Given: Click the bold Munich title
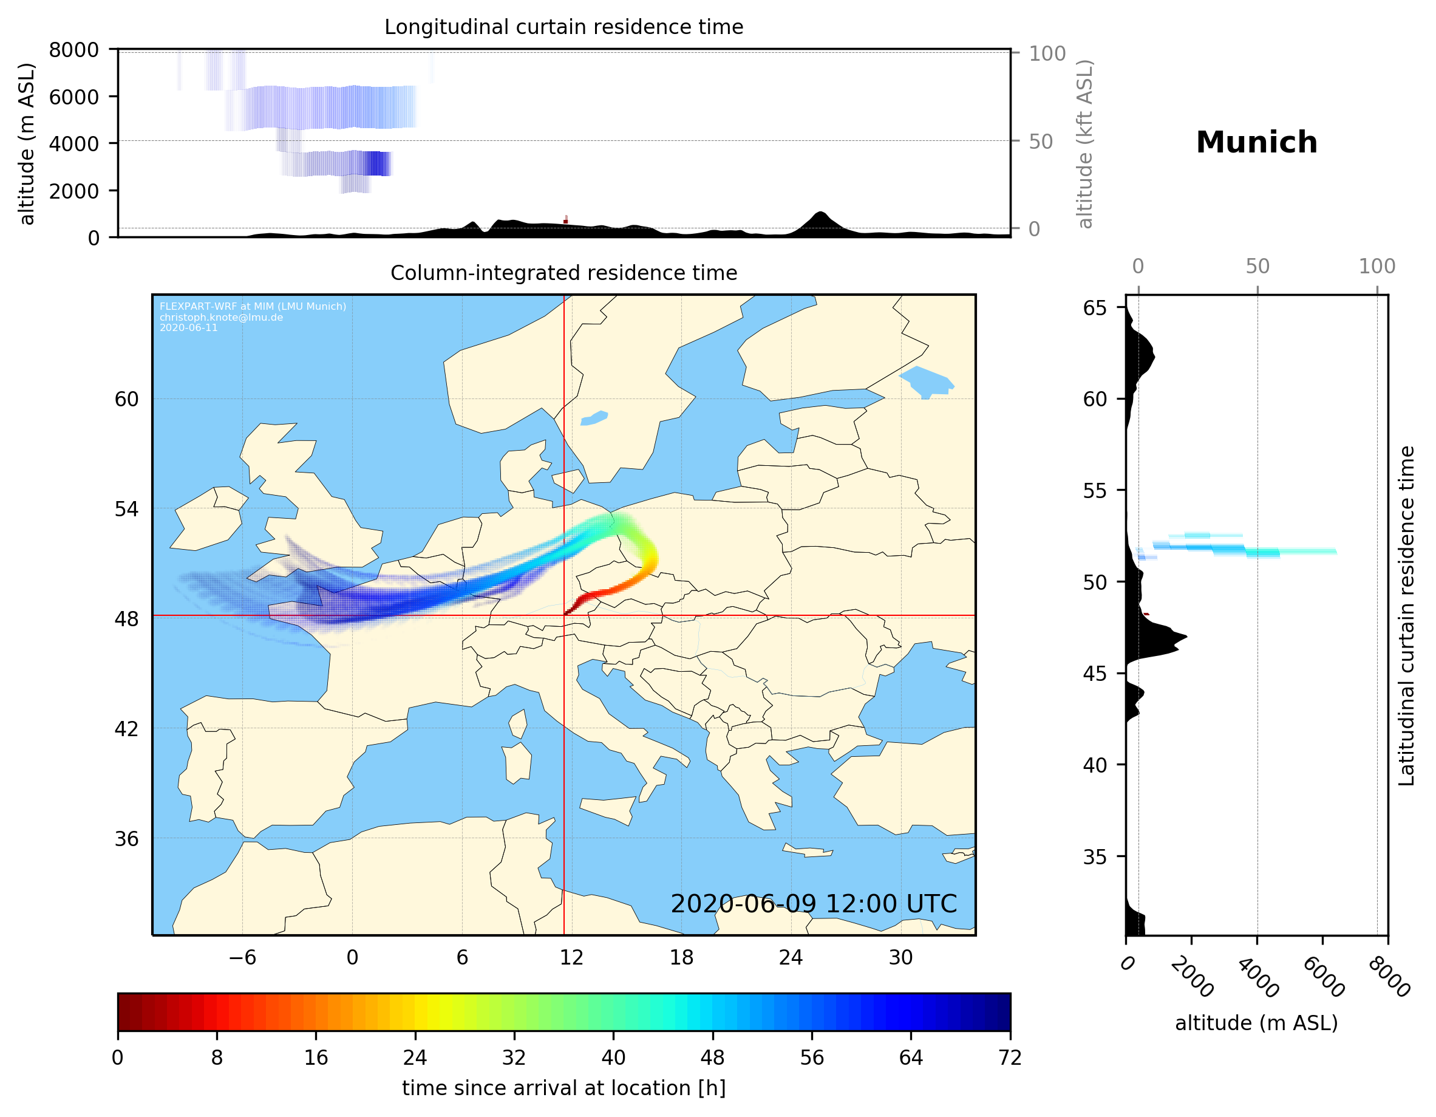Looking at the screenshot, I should coord(1256,143).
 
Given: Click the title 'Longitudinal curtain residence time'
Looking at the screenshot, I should coord(563,27).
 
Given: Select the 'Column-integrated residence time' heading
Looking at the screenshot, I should coord(563,273).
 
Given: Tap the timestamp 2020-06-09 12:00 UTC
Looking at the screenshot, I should coord(814,904).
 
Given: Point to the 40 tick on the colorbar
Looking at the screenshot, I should coord(613,1058).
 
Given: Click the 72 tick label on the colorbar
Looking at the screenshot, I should coord(1009,1058).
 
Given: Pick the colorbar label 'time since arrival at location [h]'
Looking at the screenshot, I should coord(563,1088).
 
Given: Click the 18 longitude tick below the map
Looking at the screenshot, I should coord(681,957).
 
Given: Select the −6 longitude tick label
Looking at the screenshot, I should coord(242,957).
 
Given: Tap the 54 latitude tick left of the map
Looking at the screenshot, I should coord(126,509).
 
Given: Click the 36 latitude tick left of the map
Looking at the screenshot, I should coord(126,839).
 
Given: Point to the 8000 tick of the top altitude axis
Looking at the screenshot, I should coord(73,50).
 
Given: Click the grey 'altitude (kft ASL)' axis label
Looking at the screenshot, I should coord(1084,143).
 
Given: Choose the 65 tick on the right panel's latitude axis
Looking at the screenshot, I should coord(1095,308).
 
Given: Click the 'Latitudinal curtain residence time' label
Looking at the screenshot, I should coord(1406,615).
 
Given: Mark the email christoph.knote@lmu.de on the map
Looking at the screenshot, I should coord(221,317).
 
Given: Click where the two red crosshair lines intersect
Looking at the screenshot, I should coord(564,616).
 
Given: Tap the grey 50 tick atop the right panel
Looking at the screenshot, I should coord(1257,267).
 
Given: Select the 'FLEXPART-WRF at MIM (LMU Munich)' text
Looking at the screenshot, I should coord(253,307).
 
